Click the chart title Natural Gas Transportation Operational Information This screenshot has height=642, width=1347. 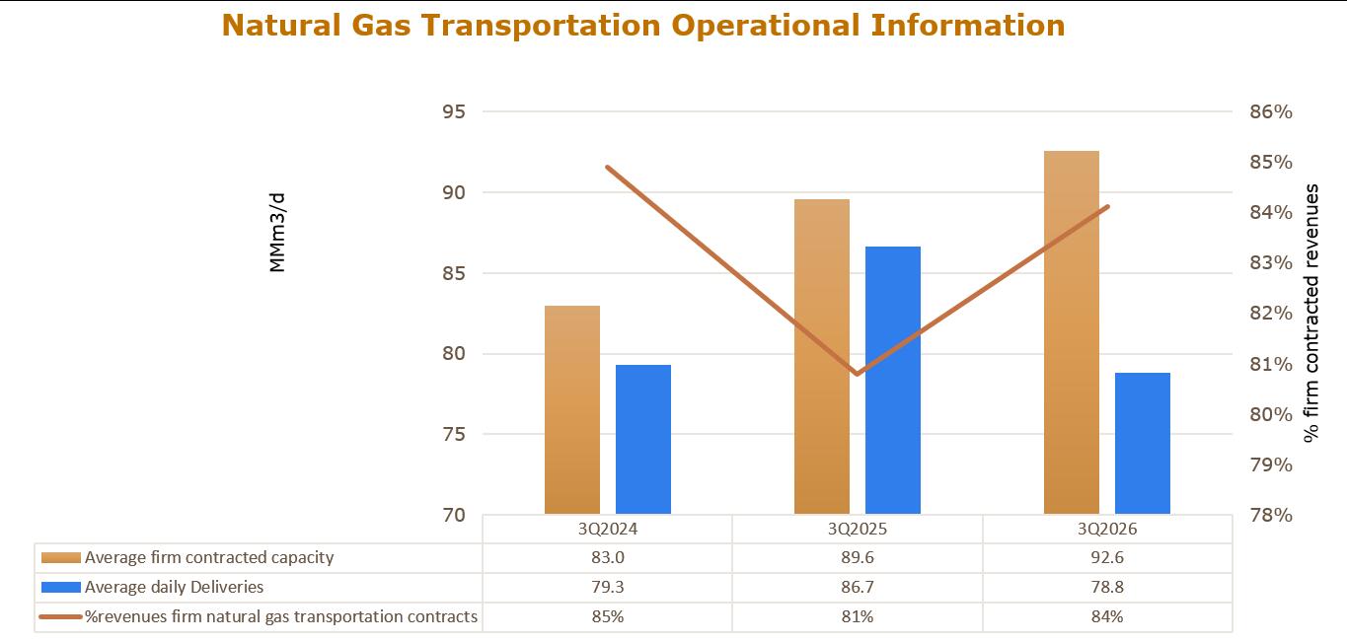(642, 26)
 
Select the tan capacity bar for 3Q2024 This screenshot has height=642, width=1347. (572, 410)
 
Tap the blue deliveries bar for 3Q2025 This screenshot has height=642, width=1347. (893, 381)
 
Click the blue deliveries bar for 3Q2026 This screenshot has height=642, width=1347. (1143, 444)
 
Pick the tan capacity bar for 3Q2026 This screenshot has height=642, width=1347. (1072, 332)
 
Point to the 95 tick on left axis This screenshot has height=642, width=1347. (454, 111)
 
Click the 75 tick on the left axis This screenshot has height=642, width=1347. (454, 434)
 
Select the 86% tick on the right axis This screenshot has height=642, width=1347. (1271, 111)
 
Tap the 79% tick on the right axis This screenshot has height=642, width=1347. (1271, 464)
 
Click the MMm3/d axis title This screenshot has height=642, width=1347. (277, 233)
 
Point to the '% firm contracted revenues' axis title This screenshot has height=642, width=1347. (1310, 314)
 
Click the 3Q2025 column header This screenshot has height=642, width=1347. (858, 529)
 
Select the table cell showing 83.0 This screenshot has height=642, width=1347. (607, 558)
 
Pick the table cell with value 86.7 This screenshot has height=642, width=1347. (858, 588)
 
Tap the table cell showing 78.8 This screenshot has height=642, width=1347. (1107, 588)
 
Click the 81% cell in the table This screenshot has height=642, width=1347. (858, 616)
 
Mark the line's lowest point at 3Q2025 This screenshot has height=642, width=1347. (857, 374)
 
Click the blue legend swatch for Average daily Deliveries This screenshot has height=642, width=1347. (61, 588)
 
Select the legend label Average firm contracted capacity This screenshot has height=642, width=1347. (209, 558)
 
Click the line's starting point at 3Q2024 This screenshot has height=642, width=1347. (607, 167)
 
